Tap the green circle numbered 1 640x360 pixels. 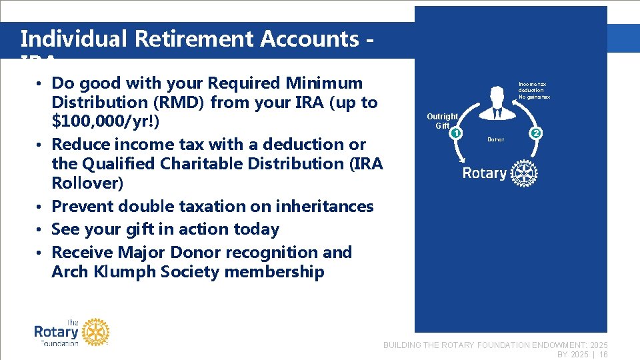(456, 133)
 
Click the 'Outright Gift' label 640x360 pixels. (442, 121)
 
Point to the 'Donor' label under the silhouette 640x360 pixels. (496, 139)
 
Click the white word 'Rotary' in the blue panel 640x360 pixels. (485, 173)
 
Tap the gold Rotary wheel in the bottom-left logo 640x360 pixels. (95, 331)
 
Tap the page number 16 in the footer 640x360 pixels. (603, 355)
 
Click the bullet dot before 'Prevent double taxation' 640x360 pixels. (41, 207)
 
